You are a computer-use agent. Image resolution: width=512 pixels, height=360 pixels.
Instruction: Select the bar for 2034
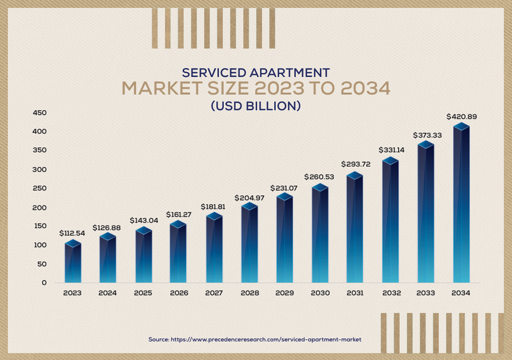point(461,204)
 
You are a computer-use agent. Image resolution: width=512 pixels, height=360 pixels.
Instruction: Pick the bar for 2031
point(355,228)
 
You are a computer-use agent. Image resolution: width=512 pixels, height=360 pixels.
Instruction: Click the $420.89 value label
point(461,117)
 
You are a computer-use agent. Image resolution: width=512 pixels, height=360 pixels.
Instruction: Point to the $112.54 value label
point(72,233)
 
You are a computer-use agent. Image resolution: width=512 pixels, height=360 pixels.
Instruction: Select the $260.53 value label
point(320,176)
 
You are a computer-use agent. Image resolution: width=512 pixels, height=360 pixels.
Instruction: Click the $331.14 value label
point(392,150)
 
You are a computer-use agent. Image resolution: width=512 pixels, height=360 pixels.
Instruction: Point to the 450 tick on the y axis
point(40,113)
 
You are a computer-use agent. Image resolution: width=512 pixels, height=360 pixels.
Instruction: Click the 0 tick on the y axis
point(44,283)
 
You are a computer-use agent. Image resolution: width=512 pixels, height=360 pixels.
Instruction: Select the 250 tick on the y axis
point(40,189)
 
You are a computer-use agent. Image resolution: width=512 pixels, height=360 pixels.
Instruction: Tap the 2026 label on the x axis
point(178,293)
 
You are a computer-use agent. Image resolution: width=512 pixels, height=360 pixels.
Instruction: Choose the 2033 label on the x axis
point(426,293)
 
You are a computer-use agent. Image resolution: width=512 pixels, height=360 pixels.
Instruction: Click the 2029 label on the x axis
point(284,293)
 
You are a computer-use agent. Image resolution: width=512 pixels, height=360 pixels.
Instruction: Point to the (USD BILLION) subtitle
point(256,105)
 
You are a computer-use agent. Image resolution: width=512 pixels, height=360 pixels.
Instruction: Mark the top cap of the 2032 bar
point(391,161)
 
